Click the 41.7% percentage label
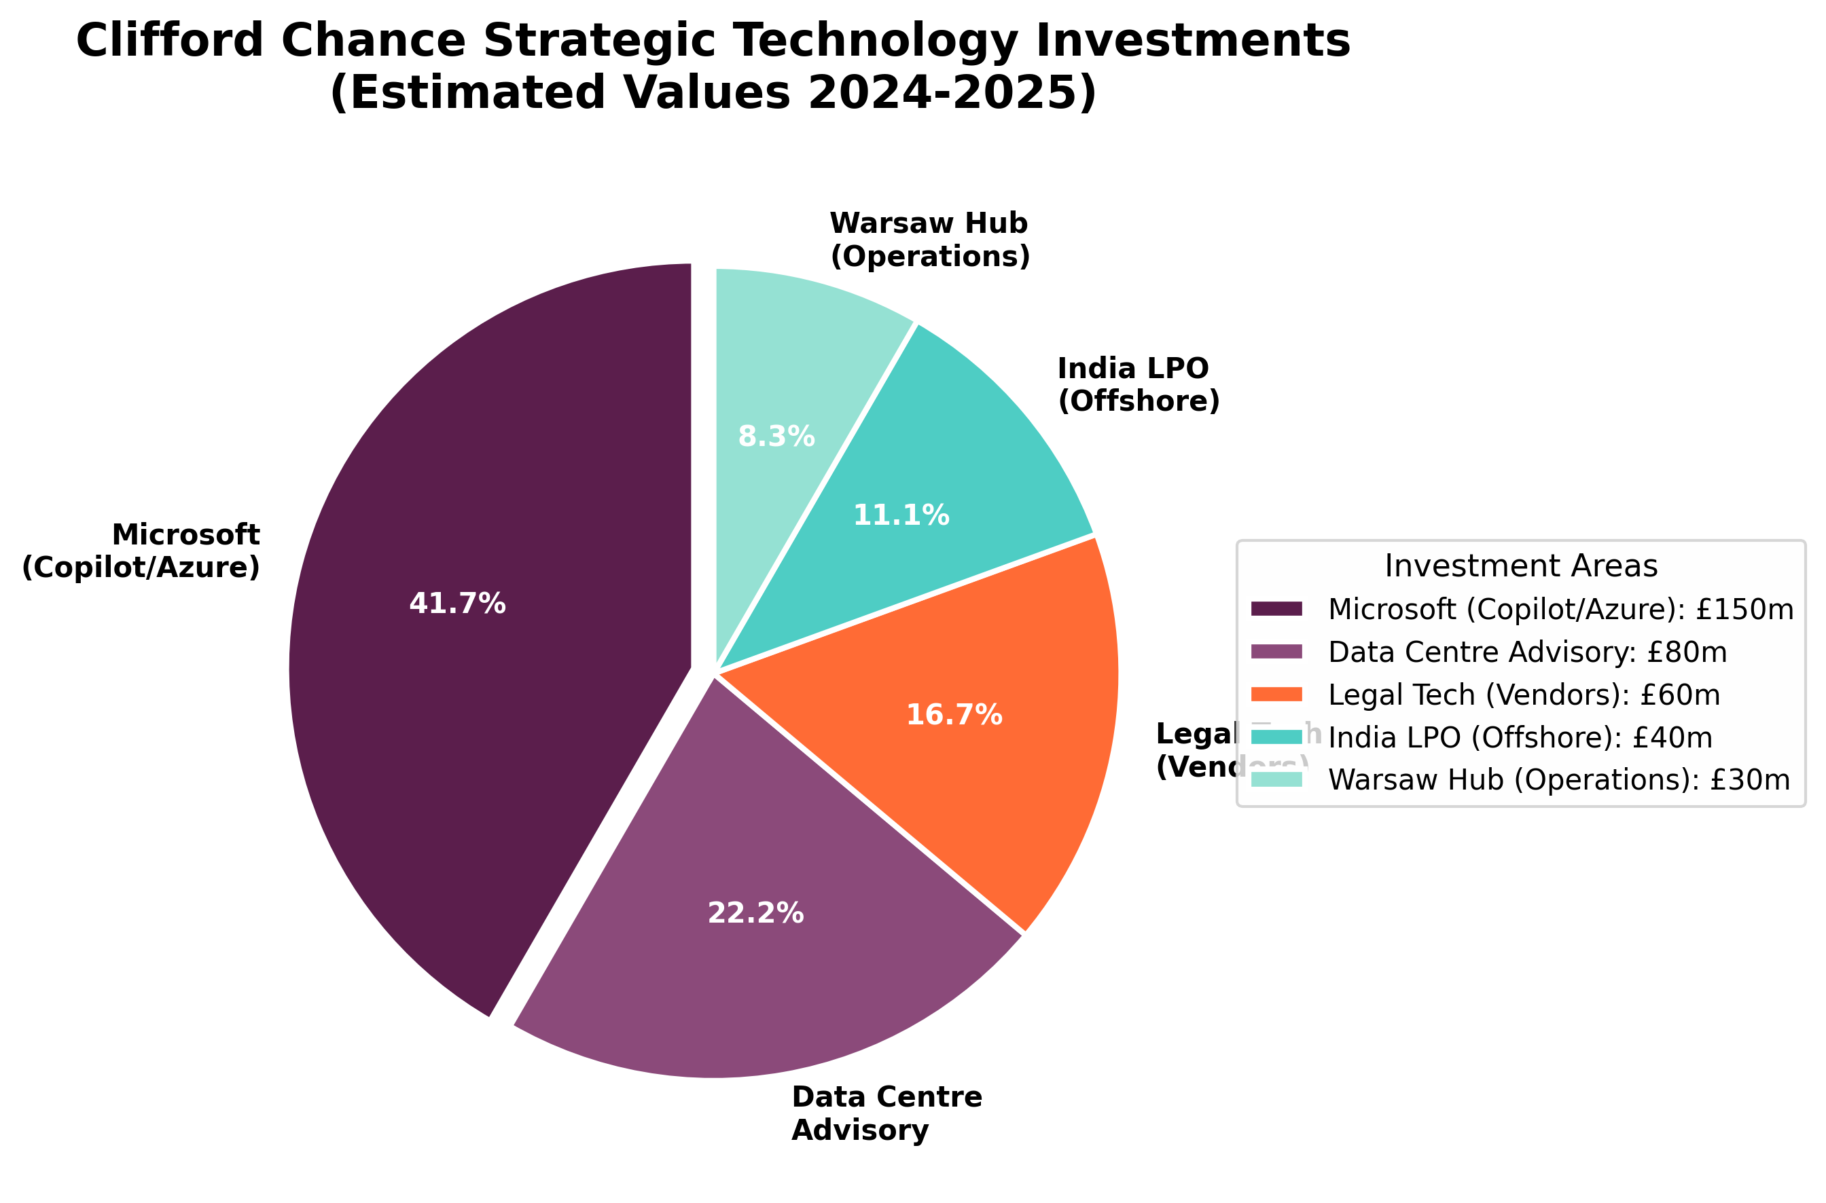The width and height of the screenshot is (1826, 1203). pos(457,604)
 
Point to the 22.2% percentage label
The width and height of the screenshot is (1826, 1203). pos(755,913)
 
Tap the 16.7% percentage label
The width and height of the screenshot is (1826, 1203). pos(954,715)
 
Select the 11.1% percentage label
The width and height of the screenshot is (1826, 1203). pos(901,515)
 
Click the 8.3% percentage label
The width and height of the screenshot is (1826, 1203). pos(776,437)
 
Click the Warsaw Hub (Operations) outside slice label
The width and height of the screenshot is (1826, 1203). pos(929,240)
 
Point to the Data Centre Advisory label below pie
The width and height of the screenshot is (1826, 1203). pos(887,1113)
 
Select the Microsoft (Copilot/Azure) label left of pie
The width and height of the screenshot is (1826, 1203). pos(142,550)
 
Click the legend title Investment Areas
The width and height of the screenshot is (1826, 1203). pos(1520,566)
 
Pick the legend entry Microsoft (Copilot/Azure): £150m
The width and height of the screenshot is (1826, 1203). pos(1560,608)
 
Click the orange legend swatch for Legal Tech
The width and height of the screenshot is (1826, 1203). pos(1276,695)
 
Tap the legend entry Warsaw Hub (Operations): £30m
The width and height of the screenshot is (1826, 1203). pos(1559,779)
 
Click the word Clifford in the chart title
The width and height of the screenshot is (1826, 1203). pos(170,40)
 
